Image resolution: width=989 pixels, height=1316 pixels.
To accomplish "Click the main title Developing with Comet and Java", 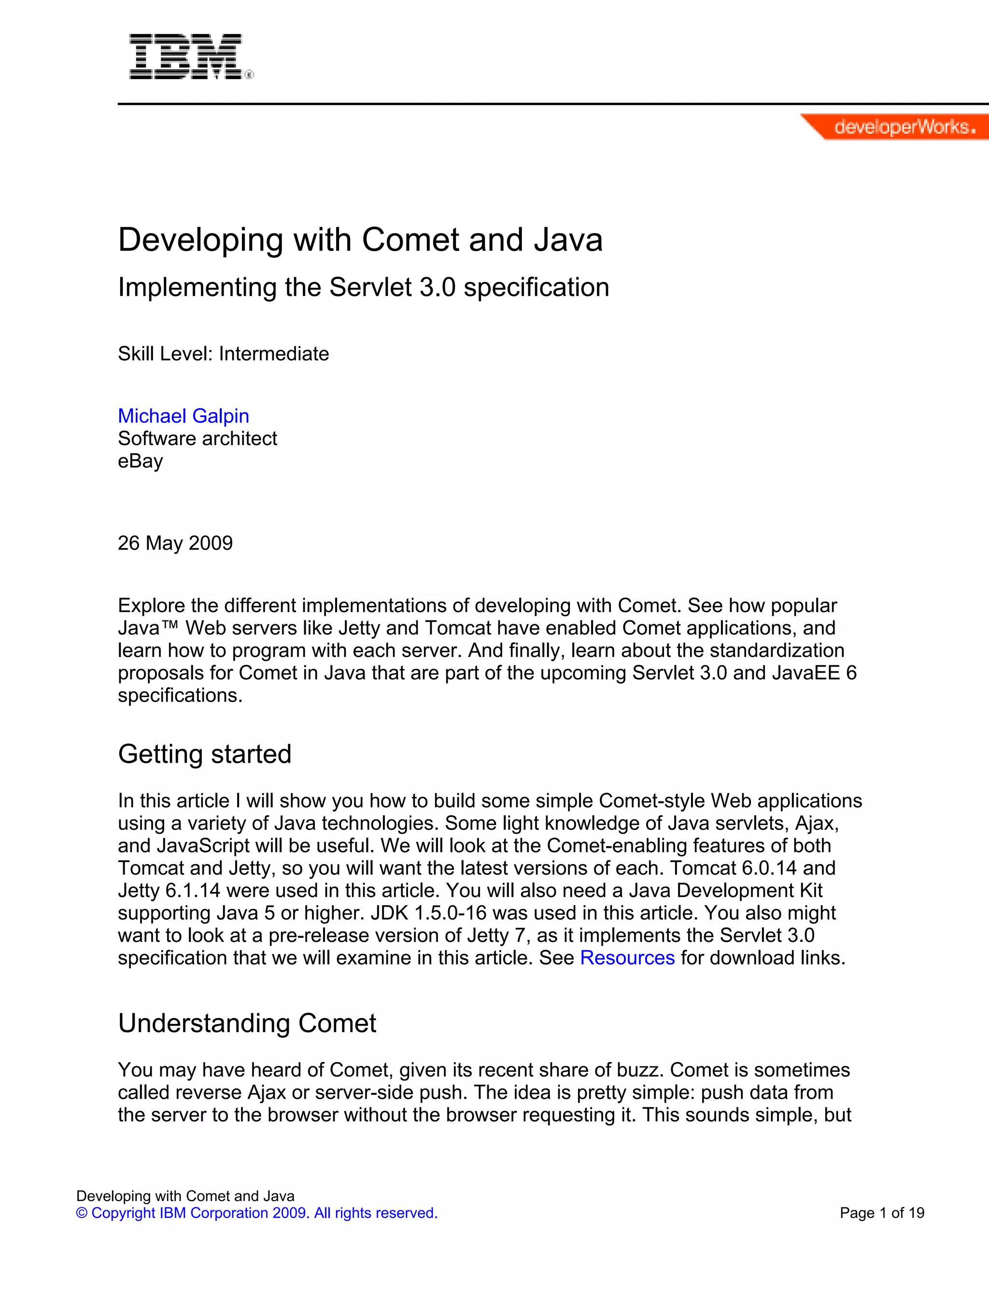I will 360,240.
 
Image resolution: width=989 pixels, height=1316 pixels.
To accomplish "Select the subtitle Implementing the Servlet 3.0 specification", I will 363,287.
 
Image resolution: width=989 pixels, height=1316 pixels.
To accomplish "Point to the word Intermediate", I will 274,354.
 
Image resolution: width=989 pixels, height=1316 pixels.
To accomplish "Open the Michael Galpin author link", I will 184,416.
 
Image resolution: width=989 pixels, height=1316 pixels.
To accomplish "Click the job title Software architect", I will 197,438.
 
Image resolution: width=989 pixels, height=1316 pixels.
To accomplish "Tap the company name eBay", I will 141,461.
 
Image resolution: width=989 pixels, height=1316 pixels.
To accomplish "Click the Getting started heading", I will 205,755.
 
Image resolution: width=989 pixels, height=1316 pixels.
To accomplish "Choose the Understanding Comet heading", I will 247,1023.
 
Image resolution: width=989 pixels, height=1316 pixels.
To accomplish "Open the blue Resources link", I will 627,958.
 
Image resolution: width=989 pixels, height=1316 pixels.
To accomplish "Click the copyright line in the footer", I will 257,1213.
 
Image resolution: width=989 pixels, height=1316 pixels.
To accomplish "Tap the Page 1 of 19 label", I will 882,1213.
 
